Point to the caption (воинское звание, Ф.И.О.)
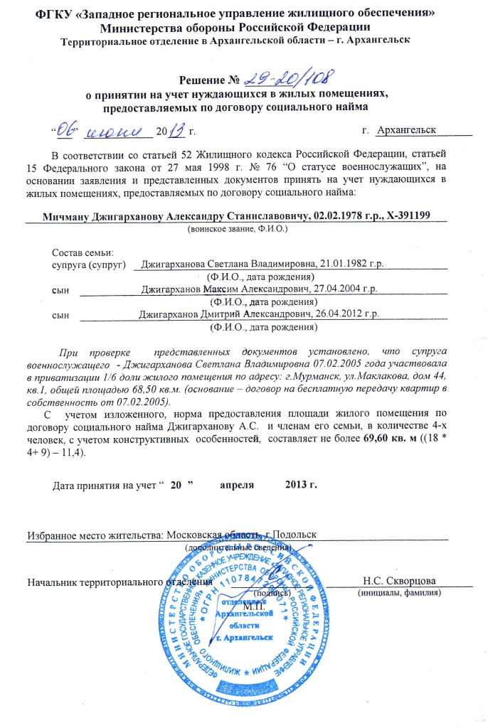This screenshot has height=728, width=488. (x=237, y=230)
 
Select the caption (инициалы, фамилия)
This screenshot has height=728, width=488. (x=400, y=592)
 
